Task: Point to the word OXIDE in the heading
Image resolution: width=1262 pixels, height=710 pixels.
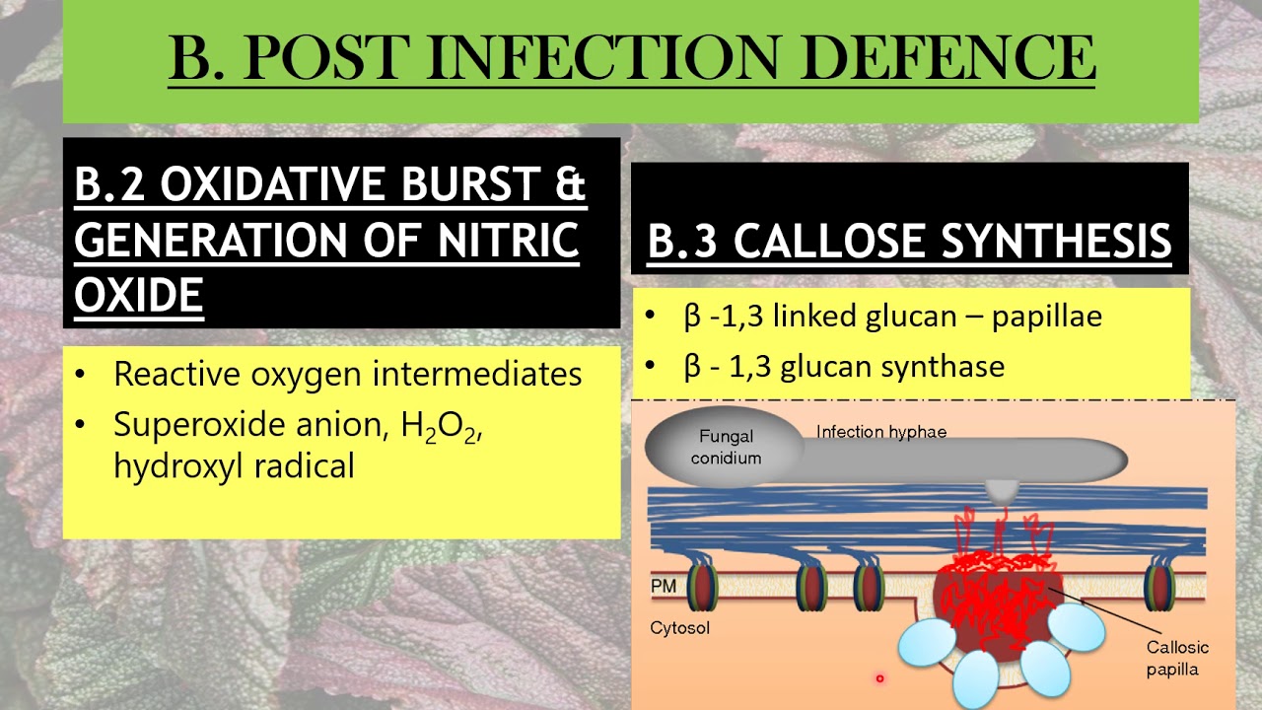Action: (139, 294)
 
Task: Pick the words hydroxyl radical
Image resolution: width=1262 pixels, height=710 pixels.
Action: (234, 465)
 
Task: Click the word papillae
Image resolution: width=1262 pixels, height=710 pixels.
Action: (1046, 317)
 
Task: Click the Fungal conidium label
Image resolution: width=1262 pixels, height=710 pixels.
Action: (726, 447)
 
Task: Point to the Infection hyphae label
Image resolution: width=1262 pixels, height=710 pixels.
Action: (880, 432)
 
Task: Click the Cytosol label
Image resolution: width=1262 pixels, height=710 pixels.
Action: (679, 627)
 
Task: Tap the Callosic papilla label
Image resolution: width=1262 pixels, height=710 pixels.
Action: (1177, 659)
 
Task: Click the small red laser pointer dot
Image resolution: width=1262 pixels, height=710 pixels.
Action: (879, 678)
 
